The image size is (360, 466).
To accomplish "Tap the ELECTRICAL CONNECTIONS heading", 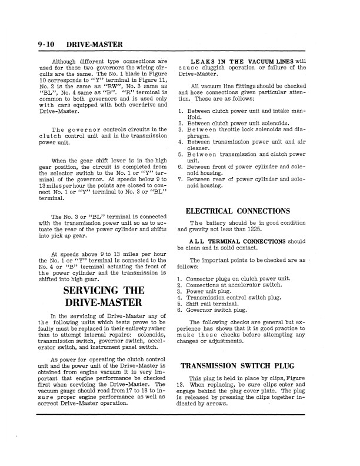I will [238, 211].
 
